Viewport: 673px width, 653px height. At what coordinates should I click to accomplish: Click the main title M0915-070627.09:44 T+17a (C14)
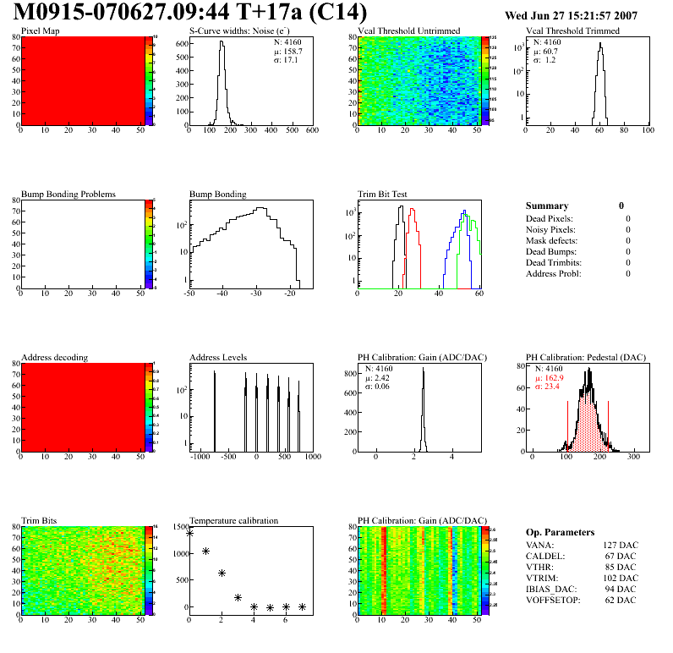coord(191,14)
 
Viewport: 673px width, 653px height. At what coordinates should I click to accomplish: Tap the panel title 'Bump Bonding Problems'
coord(68,194)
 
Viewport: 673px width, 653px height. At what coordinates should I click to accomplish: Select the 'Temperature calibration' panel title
coord(233,520)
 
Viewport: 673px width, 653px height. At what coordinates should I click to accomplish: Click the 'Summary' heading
coord(547,206)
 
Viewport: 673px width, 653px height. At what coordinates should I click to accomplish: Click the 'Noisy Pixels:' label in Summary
coord(550,229)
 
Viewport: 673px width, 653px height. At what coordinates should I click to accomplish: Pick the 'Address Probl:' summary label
coord(554,273)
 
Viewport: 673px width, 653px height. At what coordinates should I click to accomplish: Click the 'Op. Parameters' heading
coord(560,532)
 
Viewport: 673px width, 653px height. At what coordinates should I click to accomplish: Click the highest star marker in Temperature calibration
coord(189,533)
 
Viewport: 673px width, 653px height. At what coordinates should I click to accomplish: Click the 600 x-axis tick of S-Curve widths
coord(311,131)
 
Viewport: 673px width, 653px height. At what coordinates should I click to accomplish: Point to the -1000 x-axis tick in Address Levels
coord(200,457)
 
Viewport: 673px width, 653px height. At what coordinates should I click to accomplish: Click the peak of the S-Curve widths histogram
coord(222,42)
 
